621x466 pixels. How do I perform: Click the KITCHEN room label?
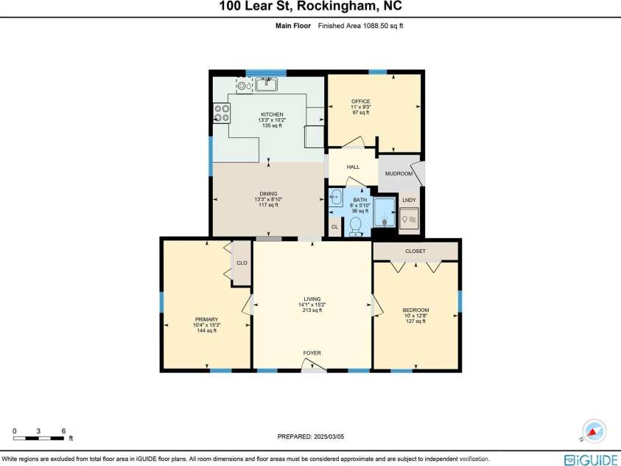click(x=271, y=114)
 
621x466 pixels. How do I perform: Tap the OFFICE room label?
click(x=360, y=101)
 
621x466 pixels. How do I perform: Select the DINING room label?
click(x=268, y=194)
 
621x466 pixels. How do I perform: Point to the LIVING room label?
click(x=312, y=299)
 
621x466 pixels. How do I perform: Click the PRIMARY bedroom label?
click(x=207, y=319)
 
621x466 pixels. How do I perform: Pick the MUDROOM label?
click(x=399, y=174)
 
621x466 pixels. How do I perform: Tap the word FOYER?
click(x=312, y=353)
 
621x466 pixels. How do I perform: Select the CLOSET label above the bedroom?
click(x=415, y=251)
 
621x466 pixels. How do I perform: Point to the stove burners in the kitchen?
click(x=221, y=113)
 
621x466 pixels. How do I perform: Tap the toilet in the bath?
click(x=355, y=225)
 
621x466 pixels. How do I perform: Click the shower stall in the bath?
click(x=384, y=212)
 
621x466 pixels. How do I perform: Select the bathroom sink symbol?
click(x=336, y=198)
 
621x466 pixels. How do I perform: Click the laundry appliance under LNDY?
click(x=410, y=220)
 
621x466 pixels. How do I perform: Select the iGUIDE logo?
click(x=590, y=459)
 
